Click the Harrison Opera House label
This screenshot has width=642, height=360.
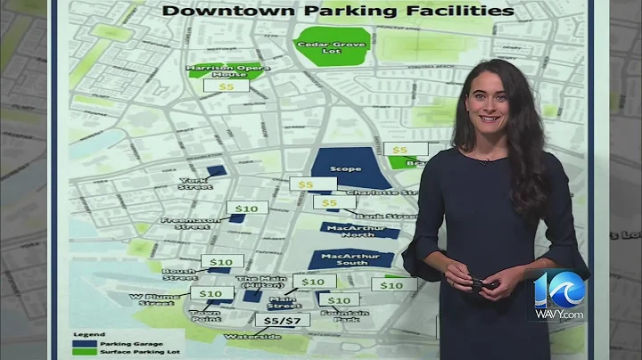[x=216, y=70]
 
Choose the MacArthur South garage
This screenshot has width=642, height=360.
[x=350, y=259]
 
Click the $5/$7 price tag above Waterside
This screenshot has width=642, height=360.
[x=282, y=319]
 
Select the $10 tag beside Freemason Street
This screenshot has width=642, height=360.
[x=247, y=208]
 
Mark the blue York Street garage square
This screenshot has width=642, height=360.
[x=216, y=170]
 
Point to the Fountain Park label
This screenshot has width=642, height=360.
[x=340, y=315]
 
